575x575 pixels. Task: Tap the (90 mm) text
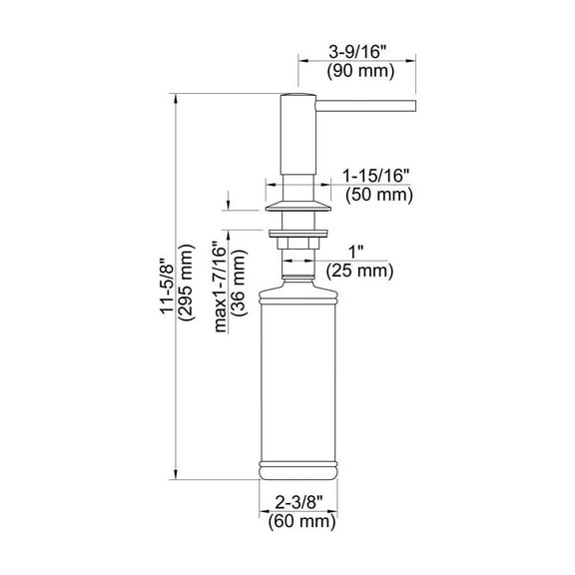pos(360,71)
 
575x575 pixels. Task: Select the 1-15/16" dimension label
pos(376,176)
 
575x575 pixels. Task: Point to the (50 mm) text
pos(379,195)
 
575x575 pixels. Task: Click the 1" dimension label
pos(355,253)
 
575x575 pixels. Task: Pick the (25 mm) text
pos(359,272)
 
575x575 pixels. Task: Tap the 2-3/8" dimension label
pos(298,502)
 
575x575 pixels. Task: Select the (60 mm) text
pos(301,521)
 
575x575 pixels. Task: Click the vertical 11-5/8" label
pos(167,287)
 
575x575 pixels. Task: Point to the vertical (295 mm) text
pos(186,283)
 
